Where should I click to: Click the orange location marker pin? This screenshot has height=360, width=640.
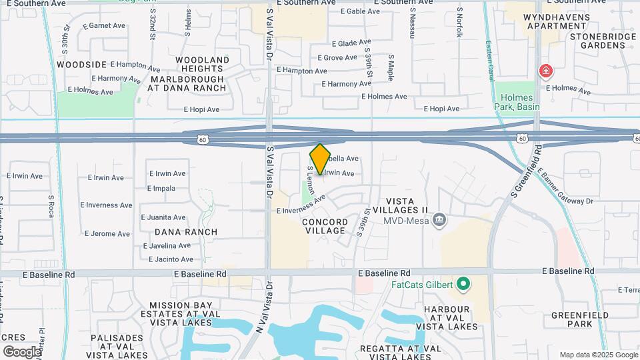pyautogui.click(x=320, y=159)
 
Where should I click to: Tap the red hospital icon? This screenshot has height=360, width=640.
pyautogui.click(x=545, y=71)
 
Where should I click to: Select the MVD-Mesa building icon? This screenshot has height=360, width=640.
pyautogui.click(x=439, y=220)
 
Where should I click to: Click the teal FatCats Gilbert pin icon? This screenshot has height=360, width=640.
pyautogui.click(x=461, y=285)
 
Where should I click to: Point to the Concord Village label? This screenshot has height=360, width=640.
pyautogui.click(x=325, y=226)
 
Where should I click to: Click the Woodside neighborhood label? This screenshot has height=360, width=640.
pyautogui.click(x=82, y=65)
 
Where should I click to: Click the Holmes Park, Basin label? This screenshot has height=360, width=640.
pyautogui.click(x=517, y=102)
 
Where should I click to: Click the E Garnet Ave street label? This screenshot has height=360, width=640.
pyautogui.click(x=104, y=26)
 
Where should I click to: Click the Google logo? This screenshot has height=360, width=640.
pyautogui.click(x=22, y=351)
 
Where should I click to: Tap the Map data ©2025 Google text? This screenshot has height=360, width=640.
pyautogui.click(x=597, y=355)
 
